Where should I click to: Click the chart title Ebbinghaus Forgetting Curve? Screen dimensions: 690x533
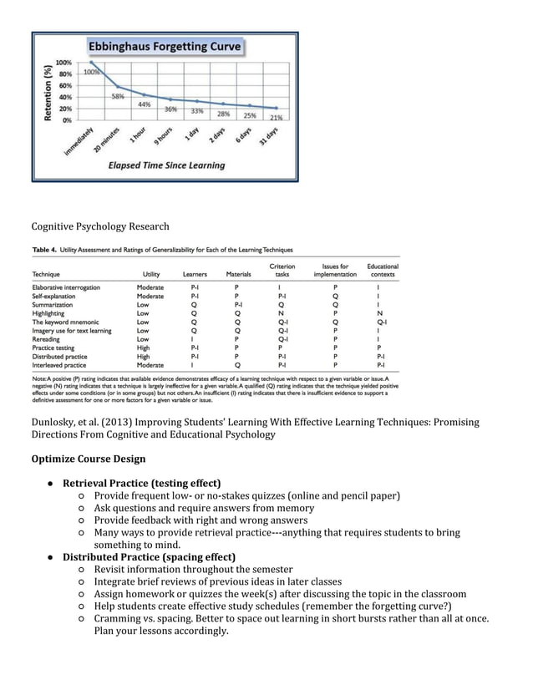166,47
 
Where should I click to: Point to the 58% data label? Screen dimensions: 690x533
120,96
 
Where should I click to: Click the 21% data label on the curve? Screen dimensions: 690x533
276,118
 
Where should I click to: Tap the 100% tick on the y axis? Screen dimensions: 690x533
63,63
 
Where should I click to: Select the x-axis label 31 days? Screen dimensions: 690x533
268,137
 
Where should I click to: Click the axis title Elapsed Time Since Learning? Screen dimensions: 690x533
166,165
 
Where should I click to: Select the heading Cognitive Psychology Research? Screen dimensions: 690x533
99,226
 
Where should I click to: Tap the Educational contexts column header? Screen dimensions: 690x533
383,270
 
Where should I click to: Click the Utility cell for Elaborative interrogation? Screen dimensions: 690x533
150,287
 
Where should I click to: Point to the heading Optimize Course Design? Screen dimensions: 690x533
88,459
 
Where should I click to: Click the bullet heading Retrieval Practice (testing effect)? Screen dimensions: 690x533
141,483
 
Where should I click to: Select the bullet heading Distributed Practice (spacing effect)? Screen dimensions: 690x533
149,556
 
